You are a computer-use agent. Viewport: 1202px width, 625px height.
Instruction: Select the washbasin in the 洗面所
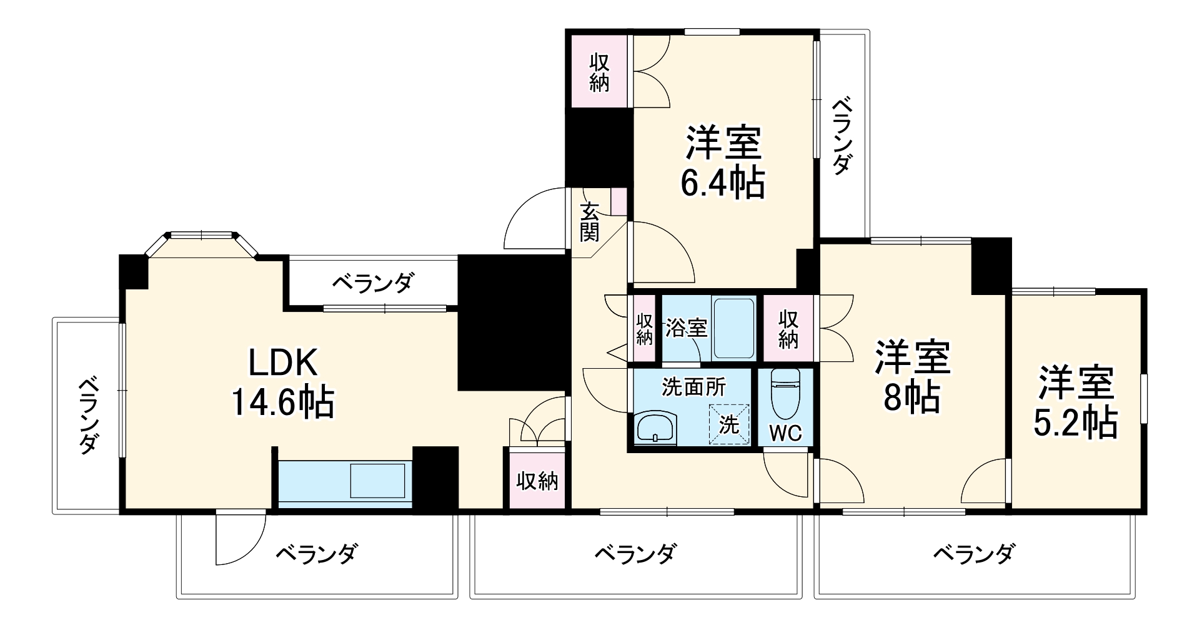[654, 429]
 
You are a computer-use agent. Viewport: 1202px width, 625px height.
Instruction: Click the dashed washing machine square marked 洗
[728, 423]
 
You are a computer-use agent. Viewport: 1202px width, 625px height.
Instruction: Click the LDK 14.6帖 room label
[283, 382]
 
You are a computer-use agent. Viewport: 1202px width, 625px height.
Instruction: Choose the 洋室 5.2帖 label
[1075, 403]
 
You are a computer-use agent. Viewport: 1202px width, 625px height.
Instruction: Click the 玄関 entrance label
[589, 222]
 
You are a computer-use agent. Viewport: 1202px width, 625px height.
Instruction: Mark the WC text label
[785, 433]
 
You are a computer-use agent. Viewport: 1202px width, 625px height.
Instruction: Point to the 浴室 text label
[685, 327]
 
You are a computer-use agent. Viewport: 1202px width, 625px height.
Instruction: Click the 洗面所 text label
[693, 387]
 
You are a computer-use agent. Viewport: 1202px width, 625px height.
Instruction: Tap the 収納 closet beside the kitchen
[537, 481]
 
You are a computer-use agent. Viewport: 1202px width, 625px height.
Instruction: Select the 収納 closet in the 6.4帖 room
[599, 72]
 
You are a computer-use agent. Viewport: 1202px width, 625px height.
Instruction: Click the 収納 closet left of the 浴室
[644, 329]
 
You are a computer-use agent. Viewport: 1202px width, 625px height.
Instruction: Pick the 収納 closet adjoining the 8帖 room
[789, 329]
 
